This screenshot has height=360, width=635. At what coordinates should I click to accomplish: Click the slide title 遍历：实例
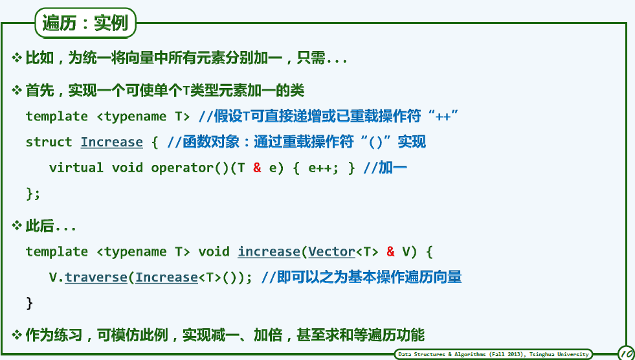click(x=85, y=23)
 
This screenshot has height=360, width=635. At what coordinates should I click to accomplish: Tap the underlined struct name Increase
click(x=112, y=142)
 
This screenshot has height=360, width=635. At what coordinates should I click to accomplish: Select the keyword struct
click(x=49, y=142)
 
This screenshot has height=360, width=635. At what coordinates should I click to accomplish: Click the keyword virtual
click(x=76, y=168)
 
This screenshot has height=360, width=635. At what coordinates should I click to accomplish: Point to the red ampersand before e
click(x=257, y=168)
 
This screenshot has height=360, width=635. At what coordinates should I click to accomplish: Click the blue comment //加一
click(x=384, y=168)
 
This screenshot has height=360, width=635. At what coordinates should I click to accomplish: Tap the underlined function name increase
click(x=269, y=251)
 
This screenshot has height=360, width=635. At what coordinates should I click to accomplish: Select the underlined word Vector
click(x=331, y=251)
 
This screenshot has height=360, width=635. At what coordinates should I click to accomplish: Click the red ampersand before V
click(x=390, y=251)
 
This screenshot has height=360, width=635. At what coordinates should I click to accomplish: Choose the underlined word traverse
click(x=96, y=277)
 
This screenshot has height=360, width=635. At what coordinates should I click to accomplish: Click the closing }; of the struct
click(x=33, y=194)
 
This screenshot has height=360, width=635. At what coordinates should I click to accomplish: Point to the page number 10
click(x=627, y=352)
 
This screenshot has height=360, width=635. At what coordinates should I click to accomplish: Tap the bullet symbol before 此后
click(x=17, y=225)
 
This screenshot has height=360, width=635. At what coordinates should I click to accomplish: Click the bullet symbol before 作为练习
click(x=17, y=335)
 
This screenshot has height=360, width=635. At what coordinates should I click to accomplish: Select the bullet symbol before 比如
click(x=17, y=58)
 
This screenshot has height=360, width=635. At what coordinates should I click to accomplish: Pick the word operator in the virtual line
click(x=182, y=168)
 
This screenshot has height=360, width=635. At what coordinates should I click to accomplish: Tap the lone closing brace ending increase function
click(x=29, y=303)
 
